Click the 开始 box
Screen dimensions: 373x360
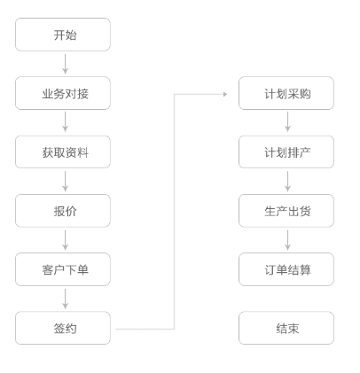pos(63,35)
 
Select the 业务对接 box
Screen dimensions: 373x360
pos(63,93)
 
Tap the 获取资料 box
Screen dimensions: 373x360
pos(63,152)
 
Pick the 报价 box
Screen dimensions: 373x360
pos(63,211)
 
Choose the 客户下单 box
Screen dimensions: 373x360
pos(63,269)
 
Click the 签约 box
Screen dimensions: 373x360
pos(63,328)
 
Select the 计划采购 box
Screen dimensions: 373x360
pos(286,93)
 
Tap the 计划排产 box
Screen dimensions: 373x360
pos(286,152)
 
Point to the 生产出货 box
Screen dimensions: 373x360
pos(286,211)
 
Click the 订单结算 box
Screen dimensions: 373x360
pos(286,269)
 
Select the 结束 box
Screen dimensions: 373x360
pos(286,328)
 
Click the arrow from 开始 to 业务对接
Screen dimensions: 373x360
pos(65,64)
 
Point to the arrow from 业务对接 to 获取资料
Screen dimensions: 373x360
pos(65,122)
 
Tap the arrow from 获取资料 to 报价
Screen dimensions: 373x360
pos(65,182)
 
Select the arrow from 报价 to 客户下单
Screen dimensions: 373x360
pos(65,240)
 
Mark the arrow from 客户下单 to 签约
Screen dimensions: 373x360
pos(65,299)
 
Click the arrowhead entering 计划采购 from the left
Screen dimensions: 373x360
pos(224,94)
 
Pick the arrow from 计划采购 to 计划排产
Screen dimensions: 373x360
pos(287,122)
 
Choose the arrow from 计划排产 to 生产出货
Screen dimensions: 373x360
pos(287,182)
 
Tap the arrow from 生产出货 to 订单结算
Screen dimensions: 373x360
pos(287,240)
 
